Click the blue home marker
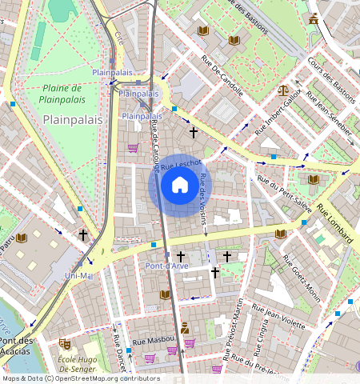coord(180,185)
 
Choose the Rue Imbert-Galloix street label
coord(278,111)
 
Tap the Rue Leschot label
coord(180,166)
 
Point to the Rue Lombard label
coord(334,222)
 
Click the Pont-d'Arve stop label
coord(166,265)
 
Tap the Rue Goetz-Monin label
coord(301,279)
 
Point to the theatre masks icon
coord(65,344)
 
